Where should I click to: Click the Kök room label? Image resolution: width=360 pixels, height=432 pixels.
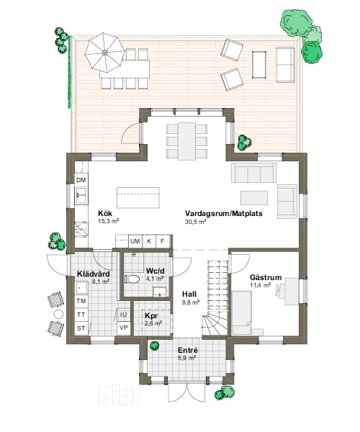(x=105, y=213)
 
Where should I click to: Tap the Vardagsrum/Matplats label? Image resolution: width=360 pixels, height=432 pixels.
(x=224, y=214)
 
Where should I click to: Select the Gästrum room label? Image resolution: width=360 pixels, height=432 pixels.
(x=266, y=277)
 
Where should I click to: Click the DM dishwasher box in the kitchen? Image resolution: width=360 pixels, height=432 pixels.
(x=81, y=180)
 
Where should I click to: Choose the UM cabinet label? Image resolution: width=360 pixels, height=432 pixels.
(x=135, y=241)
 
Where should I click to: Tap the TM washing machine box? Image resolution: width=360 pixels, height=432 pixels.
(x=81, y=301)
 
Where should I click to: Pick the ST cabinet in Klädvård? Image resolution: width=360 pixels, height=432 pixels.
(x=81, y=328)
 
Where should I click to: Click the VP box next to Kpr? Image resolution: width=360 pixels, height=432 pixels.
(x=124, y=328)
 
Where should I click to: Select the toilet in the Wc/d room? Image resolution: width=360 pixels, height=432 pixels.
(x=132, y=279)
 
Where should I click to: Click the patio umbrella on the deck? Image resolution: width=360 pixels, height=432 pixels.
(x=104, y=53)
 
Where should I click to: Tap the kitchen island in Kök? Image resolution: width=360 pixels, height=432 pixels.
(x=138, y=197)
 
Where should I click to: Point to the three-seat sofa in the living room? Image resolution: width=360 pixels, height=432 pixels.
(x=253, y=173)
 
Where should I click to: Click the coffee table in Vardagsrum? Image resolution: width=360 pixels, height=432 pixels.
(x=254, y=198)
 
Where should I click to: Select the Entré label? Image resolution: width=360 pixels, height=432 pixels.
(x=188, y=351)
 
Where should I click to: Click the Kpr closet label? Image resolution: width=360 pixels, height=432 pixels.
(x=151, y=316)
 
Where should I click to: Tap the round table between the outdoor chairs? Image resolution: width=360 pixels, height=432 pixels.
(x=58, y=314)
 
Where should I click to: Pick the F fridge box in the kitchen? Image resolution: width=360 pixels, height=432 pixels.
(x=163, y=241)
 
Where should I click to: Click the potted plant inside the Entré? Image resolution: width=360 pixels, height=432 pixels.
(x=155, y=346)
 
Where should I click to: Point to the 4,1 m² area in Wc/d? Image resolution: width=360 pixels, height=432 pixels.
(x=155, y=279)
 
